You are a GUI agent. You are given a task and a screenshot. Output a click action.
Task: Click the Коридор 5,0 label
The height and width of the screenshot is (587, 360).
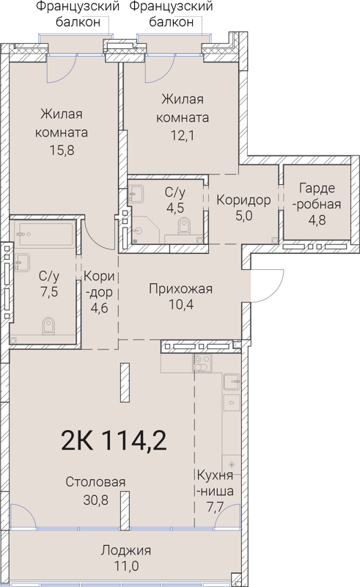pos(243,200)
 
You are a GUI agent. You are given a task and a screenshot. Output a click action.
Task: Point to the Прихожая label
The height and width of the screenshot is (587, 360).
pos(180,288)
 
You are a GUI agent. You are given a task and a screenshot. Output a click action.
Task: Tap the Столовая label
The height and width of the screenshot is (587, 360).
pos(95,482)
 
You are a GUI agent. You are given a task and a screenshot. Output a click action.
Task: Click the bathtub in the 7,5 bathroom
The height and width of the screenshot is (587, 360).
pos(45,236)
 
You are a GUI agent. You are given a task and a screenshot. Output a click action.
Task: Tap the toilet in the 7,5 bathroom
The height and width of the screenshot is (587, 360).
pos(49,324)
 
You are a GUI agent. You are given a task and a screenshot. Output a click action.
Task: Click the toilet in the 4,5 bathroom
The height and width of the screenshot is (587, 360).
pos(178,237)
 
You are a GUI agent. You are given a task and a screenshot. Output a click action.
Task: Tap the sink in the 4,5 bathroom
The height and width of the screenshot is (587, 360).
pos(137,194)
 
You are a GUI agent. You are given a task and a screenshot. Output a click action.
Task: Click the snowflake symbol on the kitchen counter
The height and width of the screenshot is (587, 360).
pos(232,465)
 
